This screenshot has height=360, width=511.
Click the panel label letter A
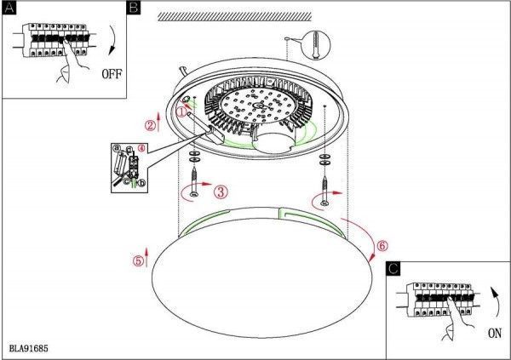click(9, 8)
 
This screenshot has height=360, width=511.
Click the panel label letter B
click(134, 8)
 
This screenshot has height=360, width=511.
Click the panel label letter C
click(393, 269)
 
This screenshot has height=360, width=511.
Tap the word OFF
click(112, 74)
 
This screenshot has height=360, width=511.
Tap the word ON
click(495, 334)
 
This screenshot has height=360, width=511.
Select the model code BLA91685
click(29, 349)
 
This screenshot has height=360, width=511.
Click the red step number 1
click(181, 111)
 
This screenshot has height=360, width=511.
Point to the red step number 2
click(150, 125)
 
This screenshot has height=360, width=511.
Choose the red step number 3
click(221, 191)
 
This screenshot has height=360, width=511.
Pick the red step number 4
click(141, 148)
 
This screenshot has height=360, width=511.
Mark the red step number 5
click(138, 260)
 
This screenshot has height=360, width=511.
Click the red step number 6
click(382, 245)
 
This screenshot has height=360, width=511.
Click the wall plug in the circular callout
click(316, 44)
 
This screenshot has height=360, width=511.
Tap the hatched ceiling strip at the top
click(235, 17)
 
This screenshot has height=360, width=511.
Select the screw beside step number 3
click(194, 182)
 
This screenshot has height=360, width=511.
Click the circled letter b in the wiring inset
click(141, 184)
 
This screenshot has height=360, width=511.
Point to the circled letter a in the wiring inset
click(117, 149)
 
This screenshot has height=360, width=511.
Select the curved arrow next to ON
click(496, 302)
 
